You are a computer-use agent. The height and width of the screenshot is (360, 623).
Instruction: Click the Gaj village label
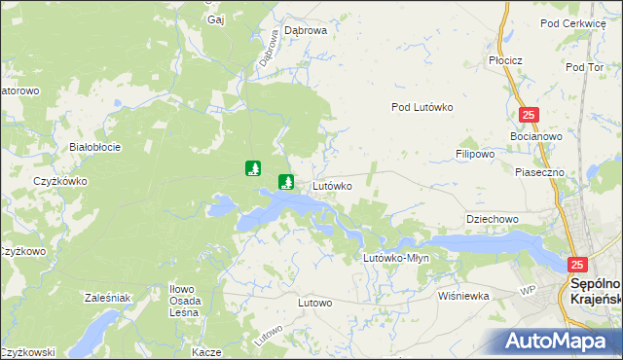click(x=216, y=18)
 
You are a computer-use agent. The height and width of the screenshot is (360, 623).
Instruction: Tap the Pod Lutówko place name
click(x=423, y=108)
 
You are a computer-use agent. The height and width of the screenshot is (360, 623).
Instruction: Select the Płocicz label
click(x=506, y=60)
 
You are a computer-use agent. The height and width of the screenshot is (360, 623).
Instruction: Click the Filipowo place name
click(x=476, y=154)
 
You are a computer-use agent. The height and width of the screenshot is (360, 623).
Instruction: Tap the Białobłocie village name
click(x=95, y=147)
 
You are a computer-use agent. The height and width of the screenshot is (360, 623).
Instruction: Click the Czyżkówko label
click(x=60, y=181)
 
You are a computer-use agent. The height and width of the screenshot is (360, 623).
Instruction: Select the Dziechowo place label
click(x=493, y=219)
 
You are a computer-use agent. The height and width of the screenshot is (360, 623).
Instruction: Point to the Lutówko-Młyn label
click(x=396, y=258)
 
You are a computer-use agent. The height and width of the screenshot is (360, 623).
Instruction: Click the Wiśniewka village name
click(x=463, y=295)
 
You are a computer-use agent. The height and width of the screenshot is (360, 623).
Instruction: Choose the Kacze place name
click(x=207, y=351)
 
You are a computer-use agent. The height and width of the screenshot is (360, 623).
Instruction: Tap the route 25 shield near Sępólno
click(x=578, y=265)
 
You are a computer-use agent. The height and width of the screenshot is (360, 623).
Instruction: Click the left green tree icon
click(x=253, y=168)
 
